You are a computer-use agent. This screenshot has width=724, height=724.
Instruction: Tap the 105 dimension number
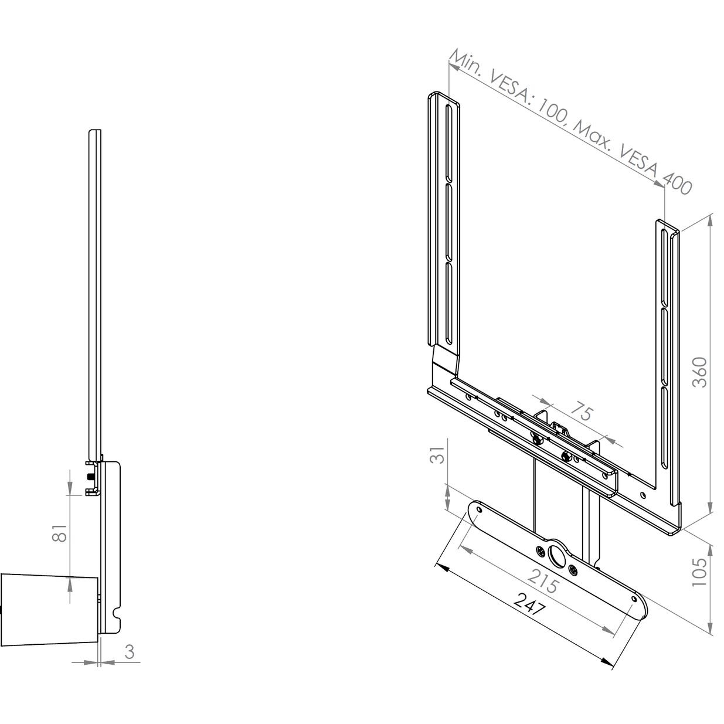(x=699, y=572)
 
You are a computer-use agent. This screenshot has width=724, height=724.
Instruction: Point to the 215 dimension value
(x=543, y=581)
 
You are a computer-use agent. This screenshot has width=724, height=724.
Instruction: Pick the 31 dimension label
(x=437, y=455)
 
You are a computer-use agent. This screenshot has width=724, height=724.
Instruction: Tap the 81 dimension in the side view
(x=60, y=533)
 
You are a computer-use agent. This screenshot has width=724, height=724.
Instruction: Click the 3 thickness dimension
(x=130, y=652)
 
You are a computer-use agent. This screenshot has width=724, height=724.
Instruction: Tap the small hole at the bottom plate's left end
(x=479, y=510)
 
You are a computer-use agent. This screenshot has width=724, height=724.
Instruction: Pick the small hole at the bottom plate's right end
(x=634, y=599)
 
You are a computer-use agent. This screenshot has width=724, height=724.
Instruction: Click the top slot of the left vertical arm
(x=448, y=143)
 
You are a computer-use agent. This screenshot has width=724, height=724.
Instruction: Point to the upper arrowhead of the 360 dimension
(x=710, y=221)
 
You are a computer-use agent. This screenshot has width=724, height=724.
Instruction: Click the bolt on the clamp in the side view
(x=90, y=476)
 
